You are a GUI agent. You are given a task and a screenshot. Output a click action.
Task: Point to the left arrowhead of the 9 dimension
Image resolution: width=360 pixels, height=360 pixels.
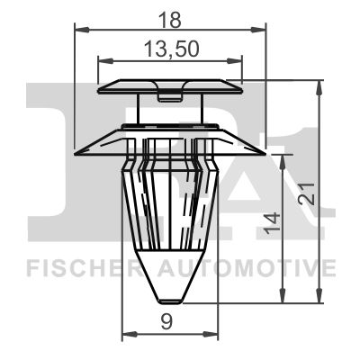click(125, 335)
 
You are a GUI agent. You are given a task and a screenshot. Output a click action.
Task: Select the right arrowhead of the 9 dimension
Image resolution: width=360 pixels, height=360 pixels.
click(214, 335)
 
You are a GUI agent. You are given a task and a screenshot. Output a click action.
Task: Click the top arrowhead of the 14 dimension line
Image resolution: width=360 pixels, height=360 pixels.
click(285, 157)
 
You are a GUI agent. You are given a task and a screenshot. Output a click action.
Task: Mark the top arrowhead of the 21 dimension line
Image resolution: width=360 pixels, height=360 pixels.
click(319, 85)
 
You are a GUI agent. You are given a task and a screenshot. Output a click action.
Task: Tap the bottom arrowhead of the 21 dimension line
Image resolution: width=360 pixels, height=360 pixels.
click(319, 299)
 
